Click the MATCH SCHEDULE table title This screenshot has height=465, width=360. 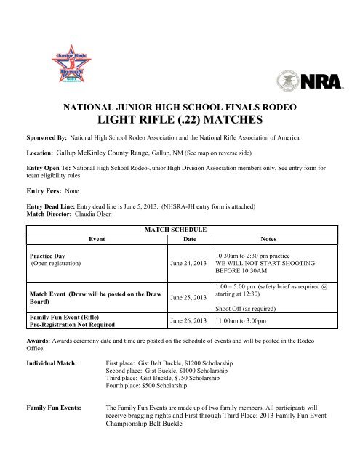coord(180,229)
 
